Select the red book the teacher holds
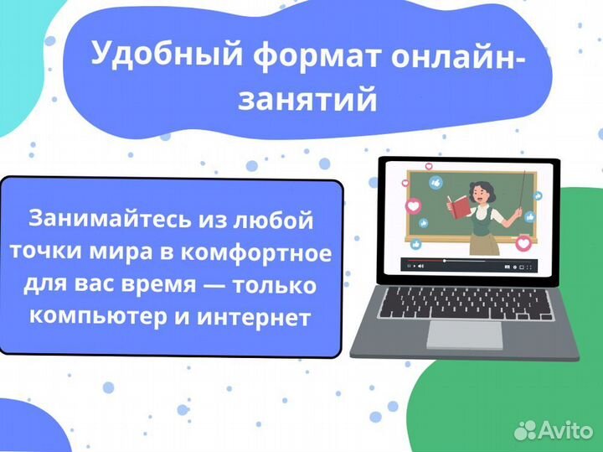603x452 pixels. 460,203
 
